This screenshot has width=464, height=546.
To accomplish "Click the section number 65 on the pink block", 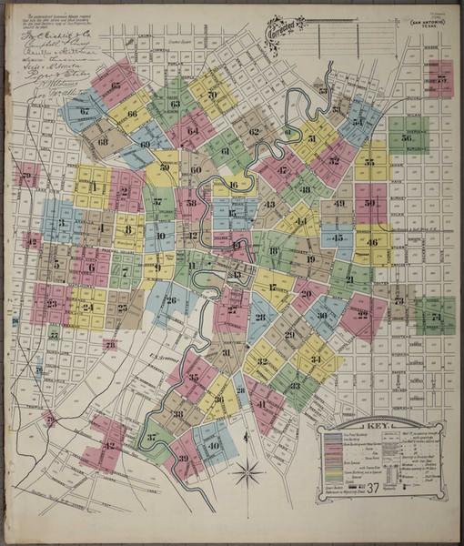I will point(116,86).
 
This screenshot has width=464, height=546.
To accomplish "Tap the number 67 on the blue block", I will point(84,112).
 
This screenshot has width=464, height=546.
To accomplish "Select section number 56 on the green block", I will point(402,137).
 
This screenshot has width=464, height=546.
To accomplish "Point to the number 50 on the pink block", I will point(369,203).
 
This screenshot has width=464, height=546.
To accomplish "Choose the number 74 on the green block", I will point(436,317).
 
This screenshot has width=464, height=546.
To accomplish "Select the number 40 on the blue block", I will point(214,446).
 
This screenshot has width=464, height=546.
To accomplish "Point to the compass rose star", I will point(247,471).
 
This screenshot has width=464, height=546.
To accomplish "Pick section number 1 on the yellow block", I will point(94,187).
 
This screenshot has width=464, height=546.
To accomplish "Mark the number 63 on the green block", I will point(175,104).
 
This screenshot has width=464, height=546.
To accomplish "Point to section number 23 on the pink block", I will point(51,304).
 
